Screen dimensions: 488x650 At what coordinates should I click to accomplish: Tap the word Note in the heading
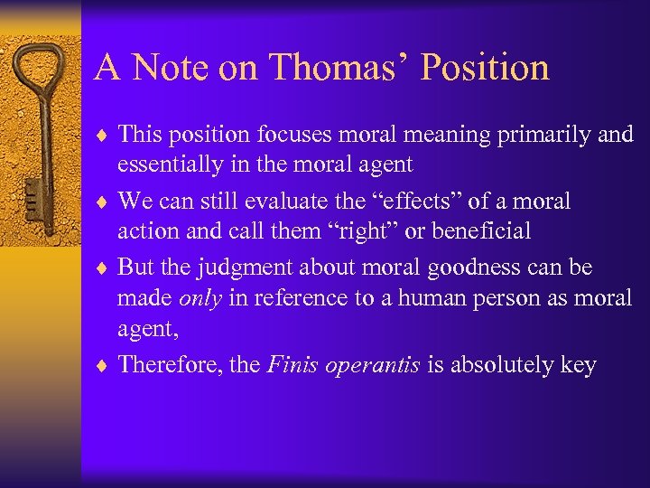pyautogui.click(x=167, y=67)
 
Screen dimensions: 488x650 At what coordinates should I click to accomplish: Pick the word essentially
pyautogui.click(x=167, y=165)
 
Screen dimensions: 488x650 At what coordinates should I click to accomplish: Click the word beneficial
pyautogui.click(x=480, y=231)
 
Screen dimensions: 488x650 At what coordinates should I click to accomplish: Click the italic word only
pyautogui.click(x=200, y=298)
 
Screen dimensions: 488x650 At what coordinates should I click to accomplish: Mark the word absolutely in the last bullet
pyautogui.click(x=502, y=364)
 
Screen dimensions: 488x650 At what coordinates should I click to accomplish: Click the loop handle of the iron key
pyautogui.click(x=42, y=73)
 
